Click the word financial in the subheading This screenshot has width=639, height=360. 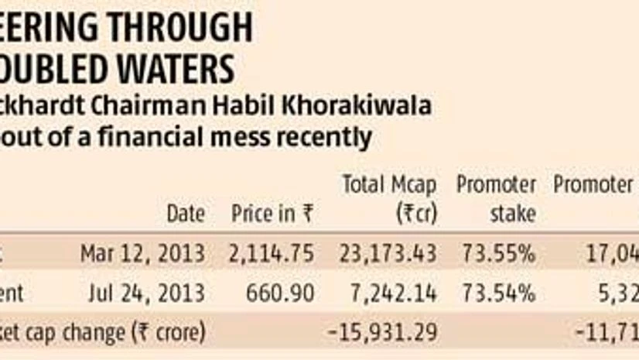tap(177, 139)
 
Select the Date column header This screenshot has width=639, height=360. tap(186, 214)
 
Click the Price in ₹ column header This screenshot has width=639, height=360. tap(272, 214)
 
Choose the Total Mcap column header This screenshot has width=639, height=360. tap(388, 186)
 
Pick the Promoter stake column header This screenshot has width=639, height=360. tap(496, 198)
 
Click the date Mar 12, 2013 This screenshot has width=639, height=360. tap(143, 252)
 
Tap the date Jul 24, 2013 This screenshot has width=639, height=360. tap(146, 293)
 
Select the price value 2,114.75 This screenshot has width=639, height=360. tap(272, 252)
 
